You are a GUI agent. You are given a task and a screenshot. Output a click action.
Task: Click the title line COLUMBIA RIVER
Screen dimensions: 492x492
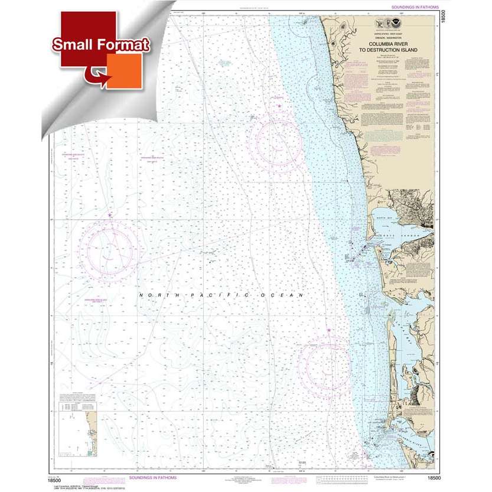tap(393, 44)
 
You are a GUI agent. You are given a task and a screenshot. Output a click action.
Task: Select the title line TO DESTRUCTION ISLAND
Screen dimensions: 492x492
tap(393, 50)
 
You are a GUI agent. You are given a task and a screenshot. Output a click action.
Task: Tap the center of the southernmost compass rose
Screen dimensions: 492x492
tap(327, 364)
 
